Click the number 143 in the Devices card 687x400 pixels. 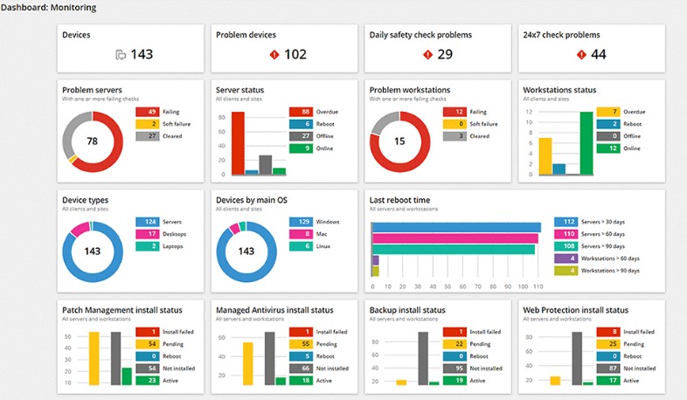142,54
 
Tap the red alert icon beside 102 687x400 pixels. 274,54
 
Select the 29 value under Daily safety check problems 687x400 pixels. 445,54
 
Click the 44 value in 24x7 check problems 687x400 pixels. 598,54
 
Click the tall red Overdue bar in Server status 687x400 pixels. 238,143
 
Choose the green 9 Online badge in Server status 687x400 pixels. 300,148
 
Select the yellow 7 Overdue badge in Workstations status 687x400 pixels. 608,112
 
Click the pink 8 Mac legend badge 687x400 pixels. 300,234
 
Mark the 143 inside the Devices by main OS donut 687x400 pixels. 246,252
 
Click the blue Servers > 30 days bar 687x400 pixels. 456,228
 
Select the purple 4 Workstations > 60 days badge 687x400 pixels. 565,259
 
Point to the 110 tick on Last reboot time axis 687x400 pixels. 538,286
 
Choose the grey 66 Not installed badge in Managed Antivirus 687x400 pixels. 300,369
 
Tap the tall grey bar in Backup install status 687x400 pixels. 423,358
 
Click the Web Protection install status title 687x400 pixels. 575,310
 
